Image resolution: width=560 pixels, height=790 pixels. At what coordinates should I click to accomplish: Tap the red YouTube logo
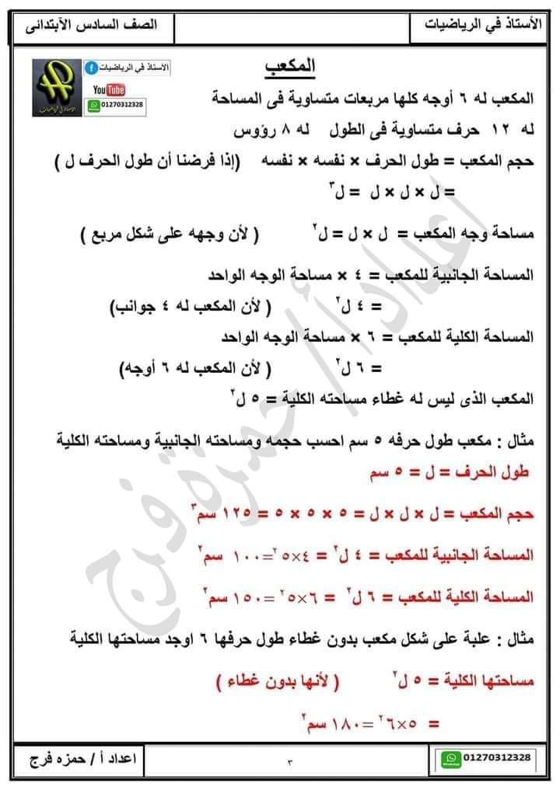click(x=110, y=91)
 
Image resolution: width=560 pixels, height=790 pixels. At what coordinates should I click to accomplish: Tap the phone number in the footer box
click(x=497, y=757)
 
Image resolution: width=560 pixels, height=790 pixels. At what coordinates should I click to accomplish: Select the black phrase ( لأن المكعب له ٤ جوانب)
click(x=191, y=307)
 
